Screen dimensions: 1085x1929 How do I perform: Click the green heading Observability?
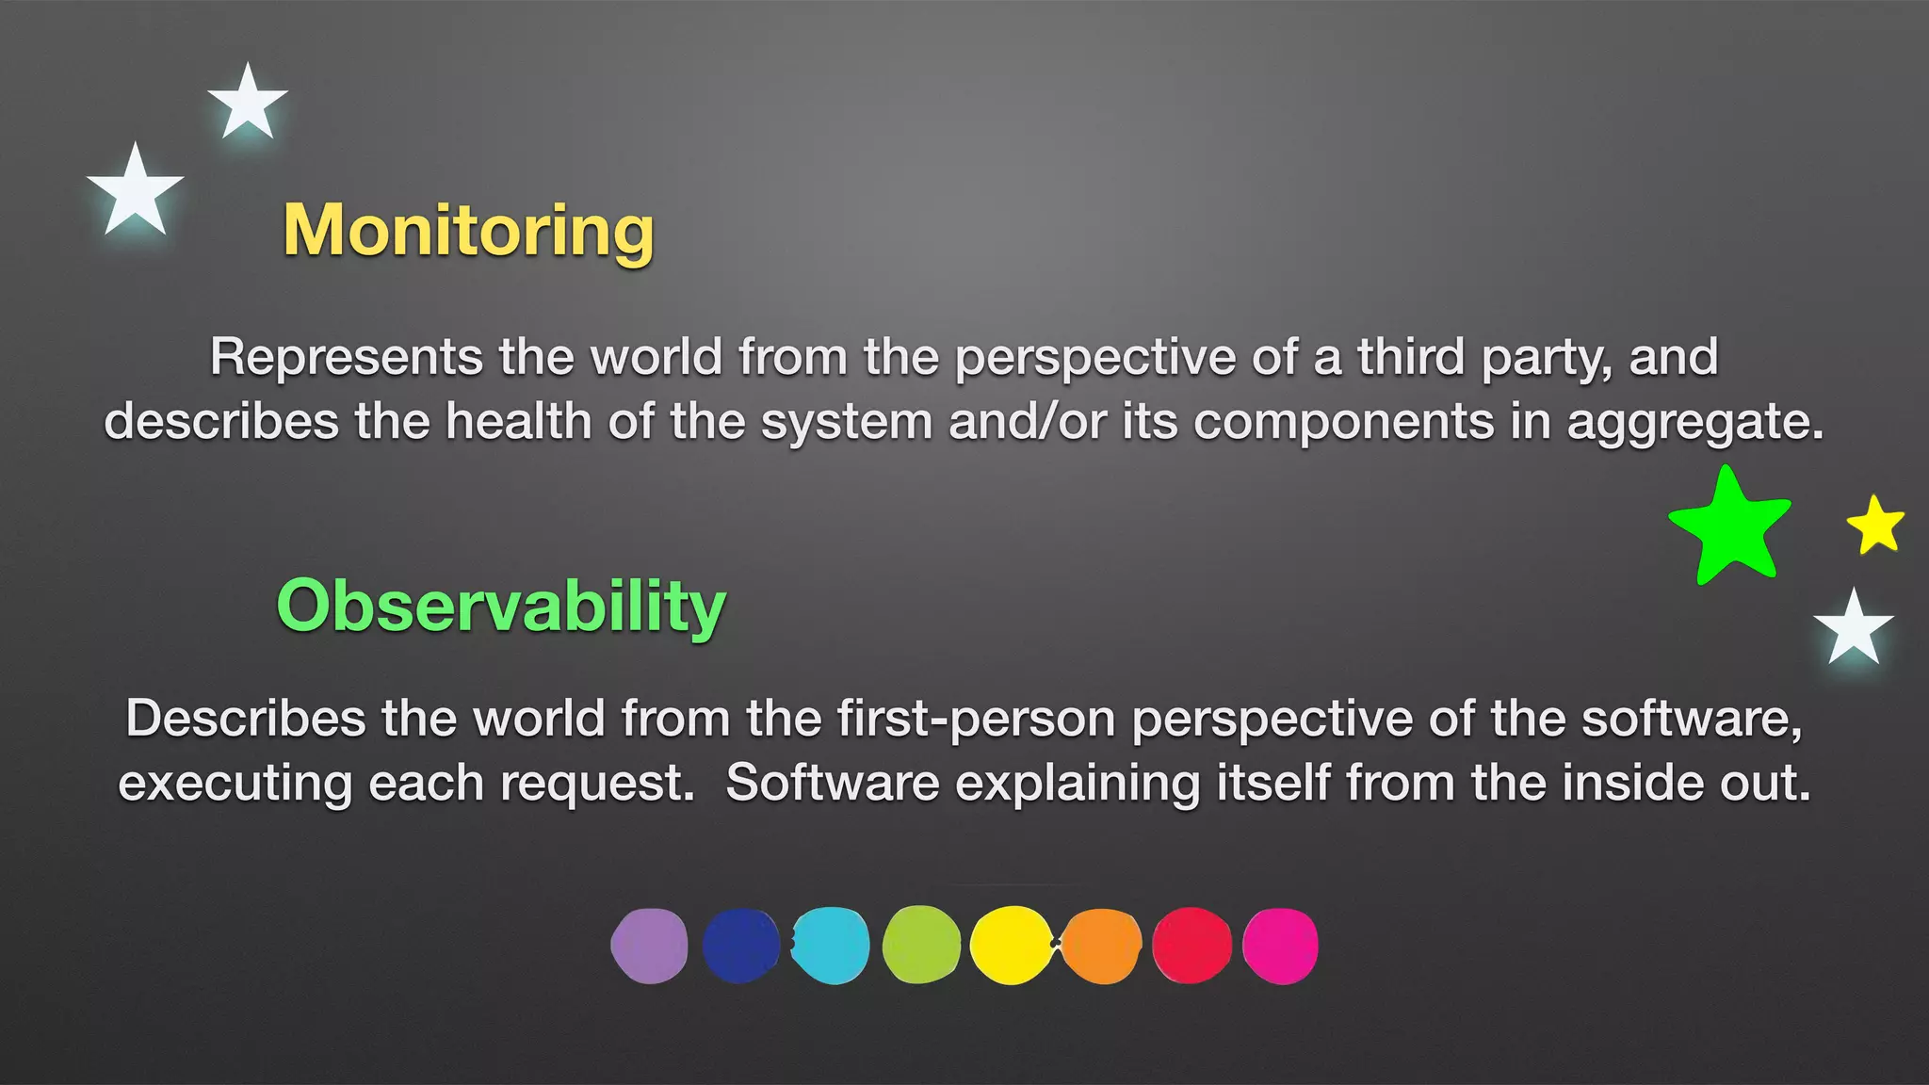click(x=501, y=606)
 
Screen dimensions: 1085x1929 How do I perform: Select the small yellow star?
click(x=1875, y=526)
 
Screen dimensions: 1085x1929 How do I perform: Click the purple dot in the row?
click(x=650, y=946)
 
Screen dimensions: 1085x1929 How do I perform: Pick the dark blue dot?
click(x=740, y=946)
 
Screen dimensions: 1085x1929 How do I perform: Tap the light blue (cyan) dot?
click(x=831, y=946)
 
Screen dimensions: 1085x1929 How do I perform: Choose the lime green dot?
click(x=921, y=946)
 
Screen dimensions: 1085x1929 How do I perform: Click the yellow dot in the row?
click(x=1011, y=946)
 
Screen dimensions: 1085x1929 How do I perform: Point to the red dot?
click(x=1191, y=946)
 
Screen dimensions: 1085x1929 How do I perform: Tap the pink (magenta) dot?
click(x=1280, y=946)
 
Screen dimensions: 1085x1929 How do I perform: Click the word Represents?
click(x=346, y=358)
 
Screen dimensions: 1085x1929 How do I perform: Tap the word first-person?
click(x=976, y=720)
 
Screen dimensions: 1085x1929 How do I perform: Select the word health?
click(x=518, y=421)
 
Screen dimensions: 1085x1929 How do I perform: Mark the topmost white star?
click(x=248, y=104)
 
